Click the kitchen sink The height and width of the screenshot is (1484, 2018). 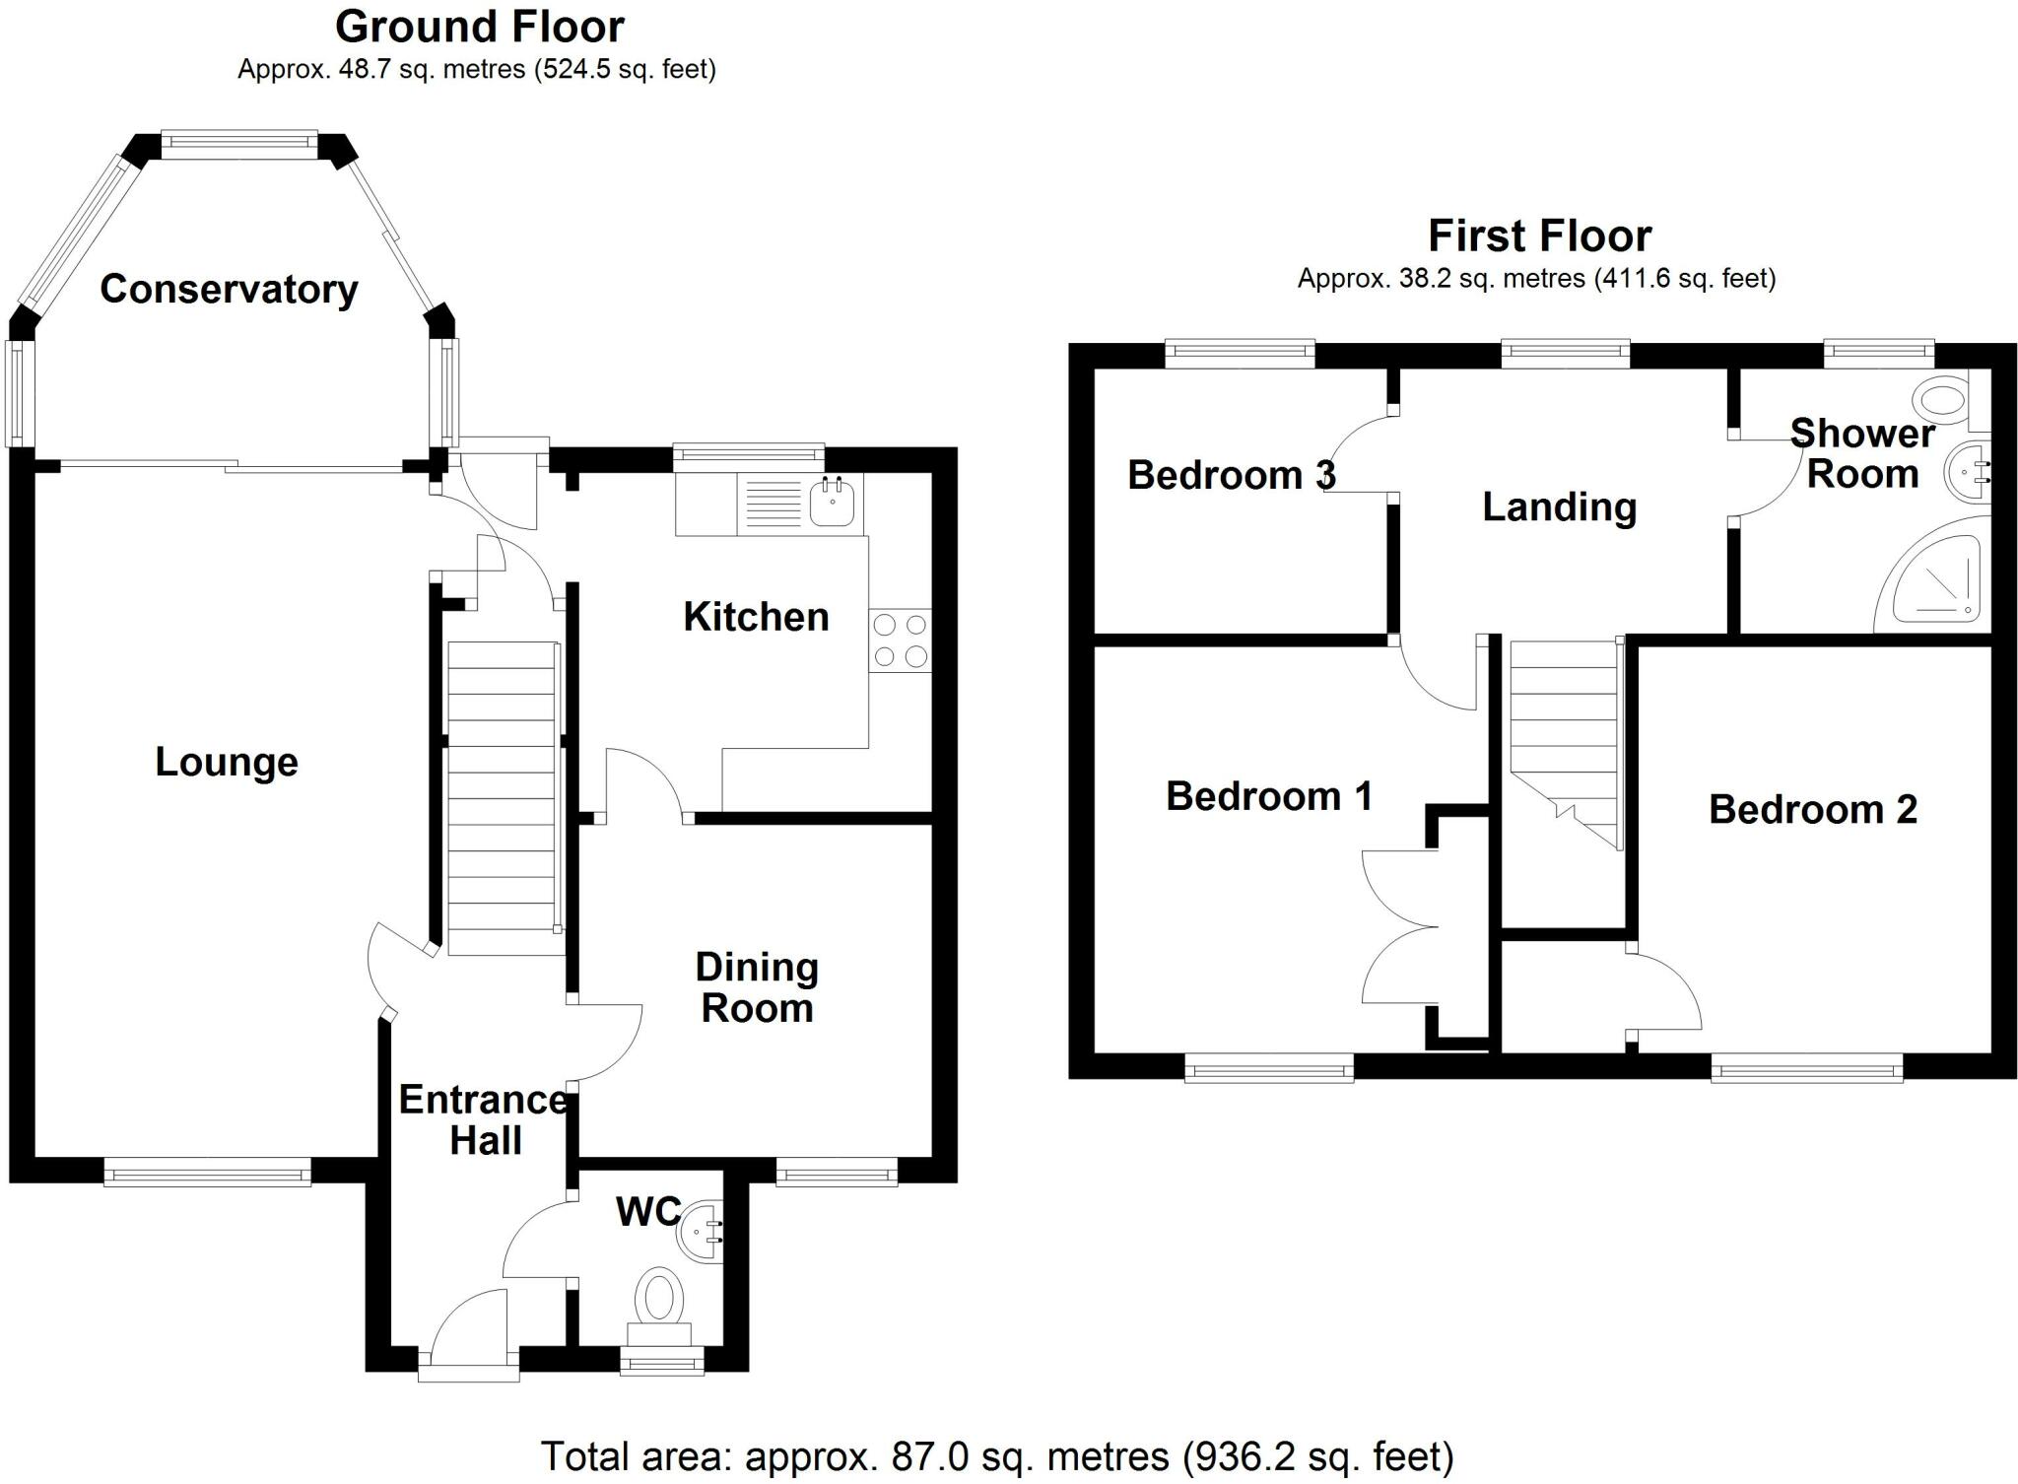832,501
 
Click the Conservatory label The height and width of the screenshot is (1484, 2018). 229,289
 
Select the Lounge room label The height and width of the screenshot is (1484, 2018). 227,762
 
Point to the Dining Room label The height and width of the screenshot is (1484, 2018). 757,987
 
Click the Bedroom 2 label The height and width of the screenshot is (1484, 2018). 1812,809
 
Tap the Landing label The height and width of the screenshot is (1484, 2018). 1559,506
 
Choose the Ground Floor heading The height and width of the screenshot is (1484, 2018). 479,27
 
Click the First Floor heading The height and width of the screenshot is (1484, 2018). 1539,236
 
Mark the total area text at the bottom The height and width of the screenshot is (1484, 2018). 996,1455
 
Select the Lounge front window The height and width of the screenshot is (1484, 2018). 207,1172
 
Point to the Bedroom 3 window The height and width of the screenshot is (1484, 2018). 1240,352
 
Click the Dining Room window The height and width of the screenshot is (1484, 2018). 837,1172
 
